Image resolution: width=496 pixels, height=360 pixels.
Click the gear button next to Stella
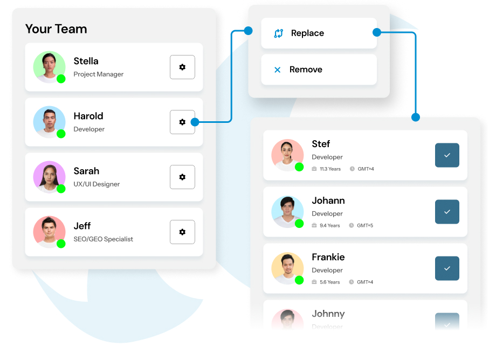182,67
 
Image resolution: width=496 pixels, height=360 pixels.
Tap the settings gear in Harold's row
182,122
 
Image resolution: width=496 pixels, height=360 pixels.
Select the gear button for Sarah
182,177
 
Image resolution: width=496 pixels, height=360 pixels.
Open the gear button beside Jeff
182,232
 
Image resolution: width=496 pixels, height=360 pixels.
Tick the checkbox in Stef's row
447,155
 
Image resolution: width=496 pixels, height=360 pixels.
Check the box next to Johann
447,212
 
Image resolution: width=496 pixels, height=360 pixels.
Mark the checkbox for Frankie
447,268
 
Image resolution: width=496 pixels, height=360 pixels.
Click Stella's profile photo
49,66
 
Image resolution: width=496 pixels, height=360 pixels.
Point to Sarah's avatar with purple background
49,176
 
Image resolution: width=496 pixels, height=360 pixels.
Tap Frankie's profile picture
287,268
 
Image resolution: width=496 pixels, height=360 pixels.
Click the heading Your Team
56,29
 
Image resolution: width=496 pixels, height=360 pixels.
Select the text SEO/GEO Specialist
103,239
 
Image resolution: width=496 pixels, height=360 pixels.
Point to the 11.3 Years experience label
330,169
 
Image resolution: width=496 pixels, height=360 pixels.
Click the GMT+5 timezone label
365,225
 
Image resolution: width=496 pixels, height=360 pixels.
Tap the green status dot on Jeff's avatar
61,244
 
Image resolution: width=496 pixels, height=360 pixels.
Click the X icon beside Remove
277,70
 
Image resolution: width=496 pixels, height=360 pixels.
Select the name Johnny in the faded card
328,314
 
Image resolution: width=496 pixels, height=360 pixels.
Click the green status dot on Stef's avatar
299,167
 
